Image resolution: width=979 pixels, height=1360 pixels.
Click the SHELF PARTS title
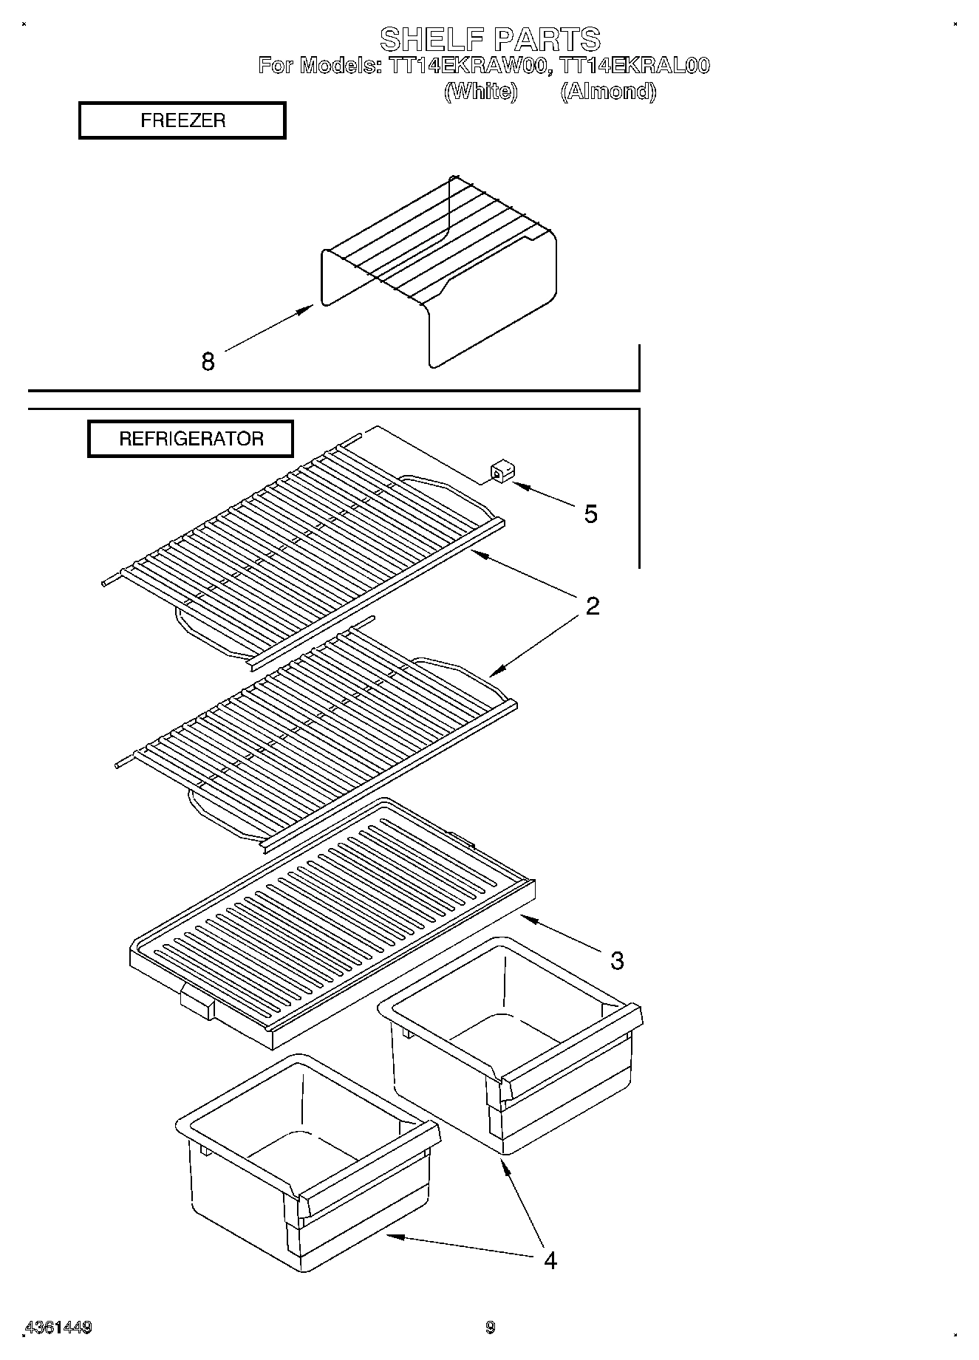click(489, 38)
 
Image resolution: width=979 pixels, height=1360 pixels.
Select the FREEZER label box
click(182, 120)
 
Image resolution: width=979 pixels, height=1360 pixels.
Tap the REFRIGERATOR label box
click(191, 439)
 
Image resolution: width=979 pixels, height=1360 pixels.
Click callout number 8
click(208, 361)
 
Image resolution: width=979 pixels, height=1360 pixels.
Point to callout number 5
click(590, 513)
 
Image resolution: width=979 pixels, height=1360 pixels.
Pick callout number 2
click(592, 606)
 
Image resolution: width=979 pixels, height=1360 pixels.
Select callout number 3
click(616, 960)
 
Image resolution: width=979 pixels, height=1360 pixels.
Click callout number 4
click(550, 1260)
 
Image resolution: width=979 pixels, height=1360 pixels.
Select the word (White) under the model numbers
click(480, 92)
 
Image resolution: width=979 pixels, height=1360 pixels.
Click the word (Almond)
click(607, 92)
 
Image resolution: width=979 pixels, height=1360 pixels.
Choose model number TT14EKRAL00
click(635, 66)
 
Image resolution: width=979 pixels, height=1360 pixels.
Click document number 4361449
click(58, 1327)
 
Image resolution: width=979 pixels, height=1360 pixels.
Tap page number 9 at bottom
click(489, 1327)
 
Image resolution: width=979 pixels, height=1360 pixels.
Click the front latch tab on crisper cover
click(197, 1002)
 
